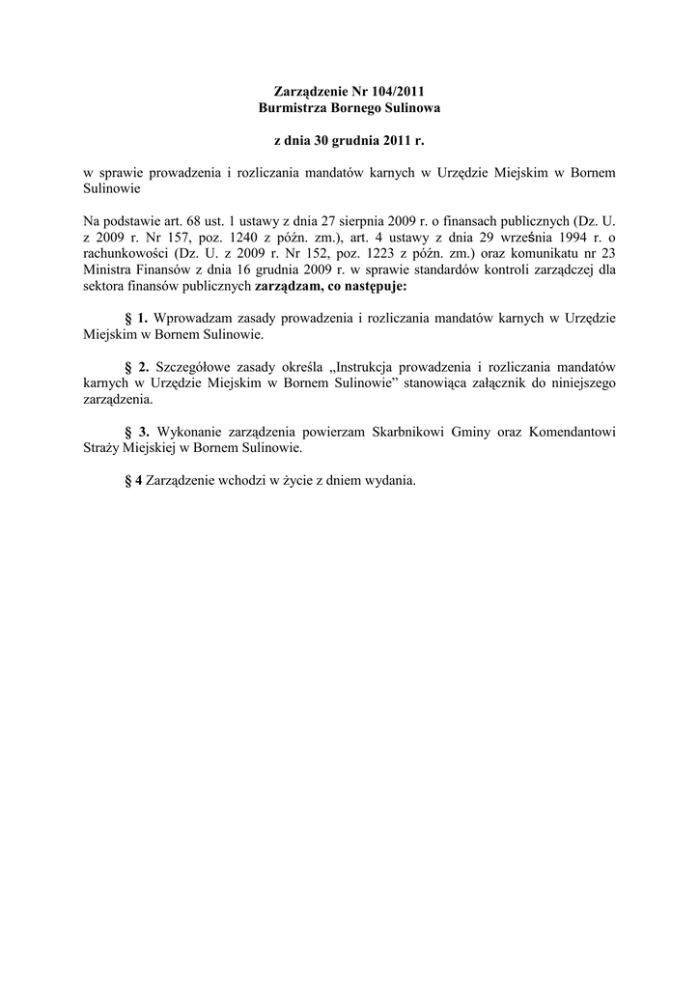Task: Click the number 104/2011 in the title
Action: coord(397,91)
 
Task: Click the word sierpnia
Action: coord(364,222)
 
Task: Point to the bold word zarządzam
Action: coord(286,286)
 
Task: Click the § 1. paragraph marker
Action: coord(136,318)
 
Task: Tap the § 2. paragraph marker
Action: coord(136,366)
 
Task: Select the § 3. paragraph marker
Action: coord(136,430)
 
